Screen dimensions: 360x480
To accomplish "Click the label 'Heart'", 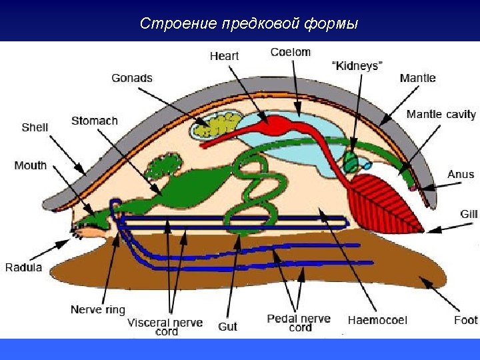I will coord(224,56).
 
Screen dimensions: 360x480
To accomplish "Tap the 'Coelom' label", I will coord(290,52).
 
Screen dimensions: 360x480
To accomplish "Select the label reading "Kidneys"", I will coord(357,65).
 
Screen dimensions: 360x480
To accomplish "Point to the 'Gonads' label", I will coord(132,78).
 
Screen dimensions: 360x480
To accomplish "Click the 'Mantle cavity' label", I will coord(441,114).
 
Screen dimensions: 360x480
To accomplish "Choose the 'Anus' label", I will coord(460,174).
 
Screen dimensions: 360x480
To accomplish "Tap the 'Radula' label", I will coord(24,268).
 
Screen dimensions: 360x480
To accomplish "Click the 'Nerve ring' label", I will coord(97,310).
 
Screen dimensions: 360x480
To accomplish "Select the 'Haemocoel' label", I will coord(377,321).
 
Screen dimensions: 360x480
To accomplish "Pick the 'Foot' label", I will coord(466,320).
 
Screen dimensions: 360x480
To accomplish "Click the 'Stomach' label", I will coord(95,121).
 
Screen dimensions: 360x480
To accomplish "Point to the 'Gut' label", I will coord(227,327).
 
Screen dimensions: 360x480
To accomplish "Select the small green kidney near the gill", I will coord(351,161).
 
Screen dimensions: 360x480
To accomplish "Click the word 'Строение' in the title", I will coord(177,24).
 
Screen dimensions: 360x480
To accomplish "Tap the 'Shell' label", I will coord(35,127).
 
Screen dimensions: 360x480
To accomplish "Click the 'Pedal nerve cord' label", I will coord(299,323).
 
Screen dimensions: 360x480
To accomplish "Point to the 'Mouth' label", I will coord(31,165).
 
